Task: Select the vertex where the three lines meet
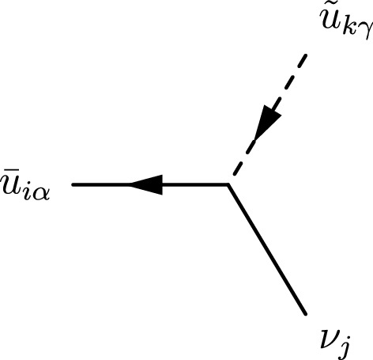point(228,185)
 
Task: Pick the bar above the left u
point(10,174)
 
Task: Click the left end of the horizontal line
point(73,185)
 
